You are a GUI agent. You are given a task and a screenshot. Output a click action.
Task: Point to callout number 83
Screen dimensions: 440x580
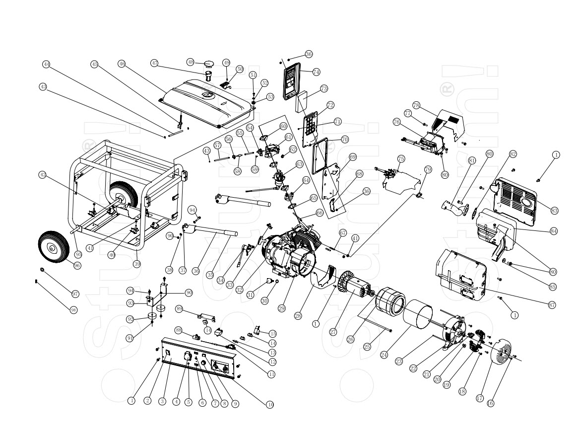coord(554,211)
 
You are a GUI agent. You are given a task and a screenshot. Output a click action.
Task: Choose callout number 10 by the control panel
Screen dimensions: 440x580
coord(270,405)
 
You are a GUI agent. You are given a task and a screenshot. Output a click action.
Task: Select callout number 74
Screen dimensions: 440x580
coord(316,72)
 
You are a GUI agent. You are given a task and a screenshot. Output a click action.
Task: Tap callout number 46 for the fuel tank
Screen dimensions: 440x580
coord(122,64)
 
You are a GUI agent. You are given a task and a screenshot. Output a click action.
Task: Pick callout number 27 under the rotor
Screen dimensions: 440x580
coord(333,331)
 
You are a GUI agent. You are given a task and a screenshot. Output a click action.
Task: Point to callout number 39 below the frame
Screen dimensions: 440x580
coord(137,264)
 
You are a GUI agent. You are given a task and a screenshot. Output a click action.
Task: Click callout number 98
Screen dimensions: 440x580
coord(73,309)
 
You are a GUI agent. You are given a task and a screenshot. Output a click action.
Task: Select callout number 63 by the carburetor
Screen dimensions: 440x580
coord(300,163)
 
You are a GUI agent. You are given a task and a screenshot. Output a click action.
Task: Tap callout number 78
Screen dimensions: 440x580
coord(416,105)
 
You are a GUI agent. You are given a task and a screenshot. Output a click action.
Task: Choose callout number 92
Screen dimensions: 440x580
coord(130,319)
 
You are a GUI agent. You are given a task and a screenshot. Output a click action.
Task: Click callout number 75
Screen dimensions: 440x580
coord(401,158)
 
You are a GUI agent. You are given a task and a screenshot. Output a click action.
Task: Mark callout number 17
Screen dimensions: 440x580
coord(479,397)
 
